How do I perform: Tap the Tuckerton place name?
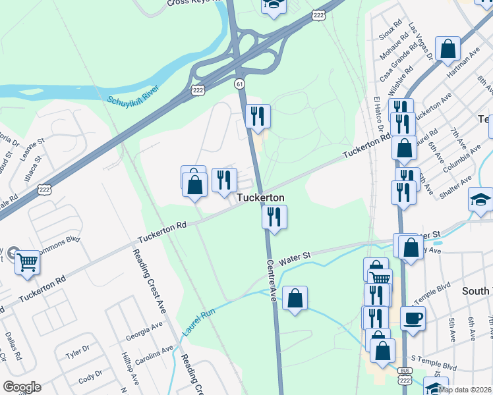260,197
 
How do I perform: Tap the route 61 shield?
240,83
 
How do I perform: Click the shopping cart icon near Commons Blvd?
27,263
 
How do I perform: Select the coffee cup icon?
413,318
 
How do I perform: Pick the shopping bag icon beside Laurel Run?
295,298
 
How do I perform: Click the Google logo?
21,387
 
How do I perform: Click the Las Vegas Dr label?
420,41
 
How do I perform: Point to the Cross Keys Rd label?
188,3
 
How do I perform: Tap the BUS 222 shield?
405,379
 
